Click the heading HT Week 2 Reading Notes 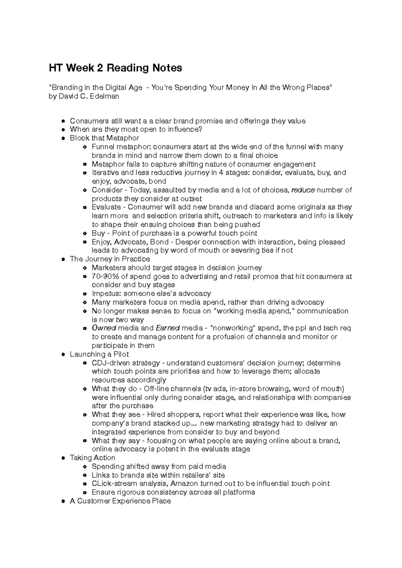(x=116, y=68)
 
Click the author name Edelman (x=104, y=96)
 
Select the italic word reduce (x=303, y=190)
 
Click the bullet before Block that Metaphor (x=63, y=138)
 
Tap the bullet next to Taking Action (x=63, y=458)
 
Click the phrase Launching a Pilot (x=99, y=354)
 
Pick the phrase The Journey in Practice (x=110, y=259)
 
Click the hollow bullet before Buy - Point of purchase (x=85, y=233)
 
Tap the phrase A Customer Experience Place (x=120, y=501)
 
